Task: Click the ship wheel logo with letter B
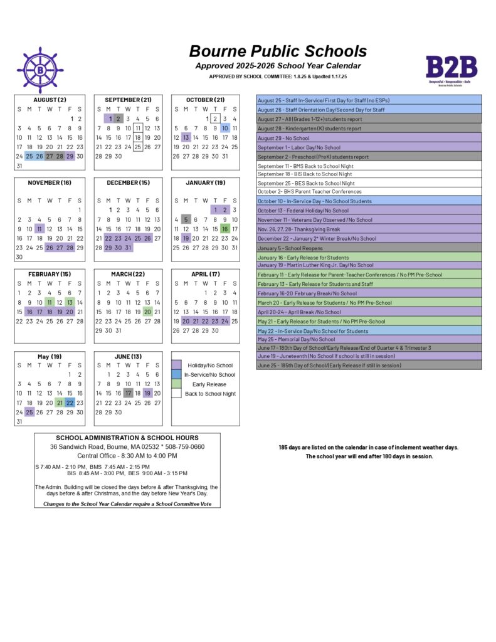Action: [40, 70]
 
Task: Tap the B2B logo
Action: [451, 69]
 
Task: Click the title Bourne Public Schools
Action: [278, 51]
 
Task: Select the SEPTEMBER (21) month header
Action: [128, 100]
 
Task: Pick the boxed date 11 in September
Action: [138, 128]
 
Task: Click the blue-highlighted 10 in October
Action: [224, 128]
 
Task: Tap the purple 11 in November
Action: [40, 229]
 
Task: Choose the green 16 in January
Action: [224, 229]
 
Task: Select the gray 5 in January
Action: [186, 219]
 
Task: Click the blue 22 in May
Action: [70, 403]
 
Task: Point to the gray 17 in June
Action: [128, 393]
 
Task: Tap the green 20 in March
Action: [147, 312]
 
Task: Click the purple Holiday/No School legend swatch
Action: [177, 365]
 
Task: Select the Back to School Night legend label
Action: [210, 394]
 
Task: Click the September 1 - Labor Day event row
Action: [369, 147]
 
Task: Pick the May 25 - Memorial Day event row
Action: [369, 339]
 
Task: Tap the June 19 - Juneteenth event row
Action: [369, 355]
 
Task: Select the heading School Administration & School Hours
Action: [127, 438]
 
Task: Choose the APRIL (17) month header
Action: [205, 274]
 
